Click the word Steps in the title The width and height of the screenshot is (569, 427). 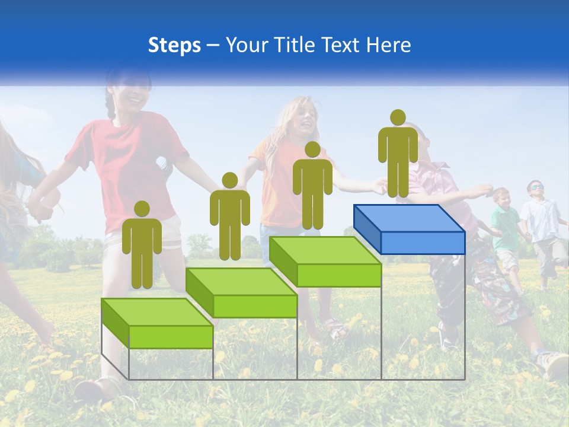pyautogui.click(x=174, y=46)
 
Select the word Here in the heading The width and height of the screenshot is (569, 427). pyautogui.click(x=389, y=45)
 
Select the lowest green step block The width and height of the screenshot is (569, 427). pyautogui.click(x=158, y=324)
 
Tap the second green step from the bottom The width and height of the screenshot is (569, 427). pyautogui.click(x=242, y=293)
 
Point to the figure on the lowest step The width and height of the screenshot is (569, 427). pyautogui.click(x=142, y=246)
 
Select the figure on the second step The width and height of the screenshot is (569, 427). pyautogui.click(x=229, y=218)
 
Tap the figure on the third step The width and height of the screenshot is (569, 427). pyautogui.click(x=312, y=187)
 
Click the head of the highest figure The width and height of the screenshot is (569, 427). pyautogui.click(x=398, y=117)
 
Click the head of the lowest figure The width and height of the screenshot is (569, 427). pyautogui.click(x=142, y=209)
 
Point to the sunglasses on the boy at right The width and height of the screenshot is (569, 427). pyautogui.click(x=536, y=188)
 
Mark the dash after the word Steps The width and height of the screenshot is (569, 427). pyautogui.click(x=213, y=46)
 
